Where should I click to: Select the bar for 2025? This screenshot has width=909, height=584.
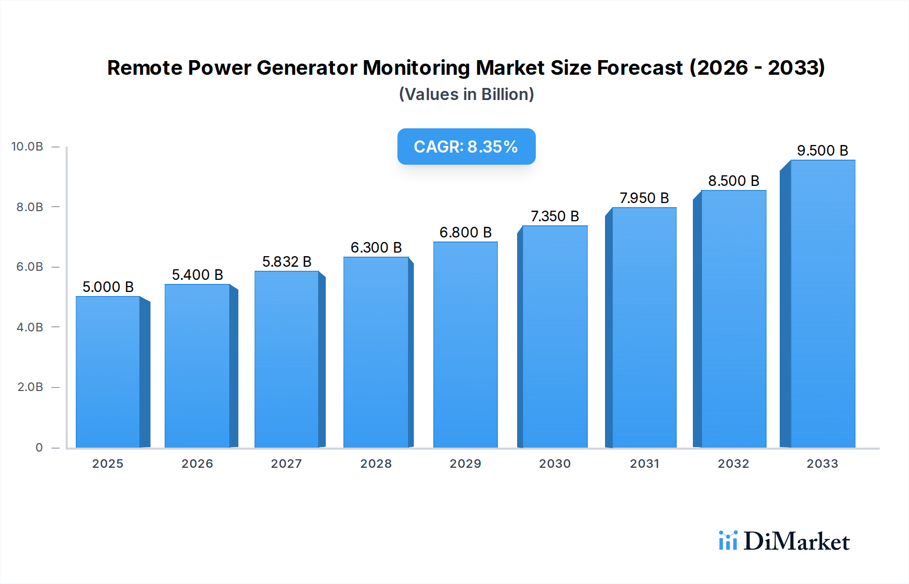[x=108, y=372]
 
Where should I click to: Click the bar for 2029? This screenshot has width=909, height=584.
[x=465, y=345]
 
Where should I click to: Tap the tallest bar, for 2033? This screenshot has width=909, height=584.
[x=822, y=304]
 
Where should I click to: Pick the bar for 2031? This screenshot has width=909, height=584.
[x=644, y=327]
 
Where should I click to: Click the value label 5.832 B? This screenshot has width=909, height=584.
[x=286, y=262]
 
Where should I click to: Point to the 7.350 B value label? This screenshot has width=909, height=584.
[x=554, y=216]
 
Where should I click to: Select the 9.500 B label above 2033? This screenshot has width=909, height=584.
[x=822, y=151]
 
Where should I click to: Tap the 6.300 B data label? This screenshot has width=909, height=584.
[x=376, y=248]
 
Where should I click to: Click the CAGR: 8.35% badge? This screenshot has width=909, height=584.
[x=466, y=147]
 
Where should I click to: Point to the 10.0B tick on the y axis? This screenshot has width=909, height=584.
[x=27, y=147]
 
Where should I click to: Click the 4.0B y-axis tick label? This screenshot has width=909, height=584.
[x=30, y=327]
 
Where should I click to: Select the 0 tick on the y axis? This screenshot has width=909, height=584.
[x=39, y=448]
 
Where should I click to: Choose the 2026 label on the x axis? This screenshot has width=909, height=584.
[x=197, y=464]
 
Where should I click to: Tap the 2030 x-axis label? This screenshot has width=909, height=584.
[x=554, y=464]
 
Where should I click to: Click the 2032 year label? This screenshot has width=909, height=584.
[x=733, y=464]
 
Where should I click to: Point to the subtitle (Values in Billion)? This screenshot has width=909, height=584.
[x=466, y=94]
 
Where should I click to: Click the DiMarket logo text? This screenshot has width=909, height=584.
[x=796, y=542]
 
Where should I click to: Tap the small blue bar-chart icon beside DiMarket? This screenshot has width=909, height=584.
[x=728, y=541]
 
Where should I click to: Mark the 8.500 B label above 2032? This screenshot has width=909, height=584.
[x=733, y=181]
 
